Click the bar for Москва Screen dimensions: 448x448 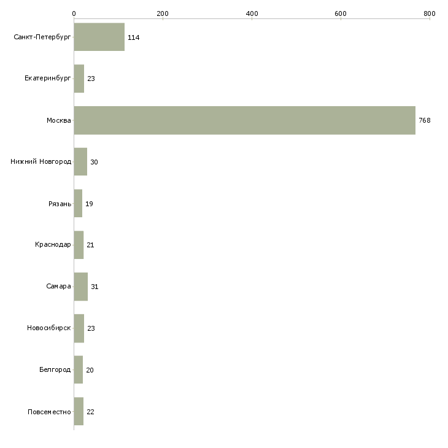244,120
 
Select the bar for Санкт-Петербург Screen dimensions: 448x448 99,37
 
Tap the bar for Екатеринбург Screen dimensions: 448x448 79,79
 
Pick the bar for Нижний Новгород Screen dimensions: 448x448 80,162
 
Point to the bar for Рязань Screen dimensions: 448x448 78,204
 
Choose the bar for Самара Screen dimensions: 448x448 80,287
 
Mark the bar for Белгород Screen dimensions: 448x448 78,370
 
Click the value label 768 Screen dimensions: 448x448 425,120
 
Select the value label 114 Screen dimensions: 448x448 133,37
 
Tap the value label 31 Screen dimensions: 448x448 95,287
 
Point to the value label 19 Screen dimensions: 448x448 89,204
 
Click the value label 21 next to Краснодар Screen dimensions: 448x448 90,245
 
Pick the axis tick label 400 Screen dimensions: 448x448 252,14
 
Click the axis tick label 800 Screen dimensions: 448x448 429,14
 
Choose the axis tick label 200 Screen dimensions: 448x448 163,14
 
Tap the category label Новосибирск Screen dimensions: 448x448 49,328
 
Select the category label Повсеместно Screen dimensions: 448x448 49,412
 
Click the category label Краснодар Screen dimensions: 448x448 53,245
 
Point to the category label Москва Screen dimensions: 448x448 59,120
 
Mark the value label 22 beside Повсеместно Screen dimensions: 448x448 91,412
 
